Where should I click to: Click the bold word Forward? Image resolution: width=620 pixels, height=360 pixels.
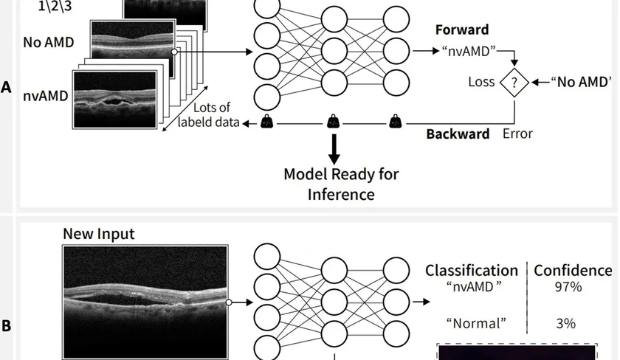[462, 30]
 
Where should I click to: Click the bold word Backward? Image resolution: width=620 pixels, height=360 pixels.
[458, 134]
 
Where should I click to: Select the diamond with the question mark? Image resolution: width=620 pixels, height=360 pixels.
[514, 82]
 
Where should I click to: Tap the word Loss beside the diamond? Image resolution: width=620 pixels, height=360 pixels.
[481, 82]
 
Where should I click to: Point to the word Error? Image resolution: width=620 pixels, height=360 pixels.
[517, 134]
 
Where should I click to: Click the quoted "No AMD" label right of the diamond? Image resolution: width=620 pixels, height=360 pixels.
[582, 82]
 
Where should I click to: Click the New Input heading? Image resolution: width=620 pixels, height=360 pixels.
[99, 234]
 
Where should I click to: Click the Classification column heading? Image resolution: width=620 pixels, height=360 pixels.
[472, 271]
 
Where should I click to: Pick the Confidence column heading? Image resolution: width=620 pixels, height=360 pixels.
[573, 271]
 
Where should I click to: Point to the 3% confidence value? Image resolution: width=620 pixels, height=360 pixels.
[566, 323]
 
